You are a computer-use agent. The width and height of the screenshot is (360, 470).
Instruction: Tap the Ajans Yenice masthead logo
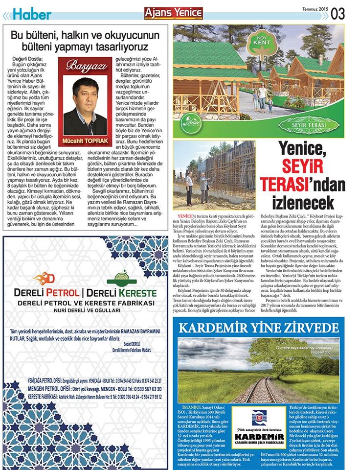166,14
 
